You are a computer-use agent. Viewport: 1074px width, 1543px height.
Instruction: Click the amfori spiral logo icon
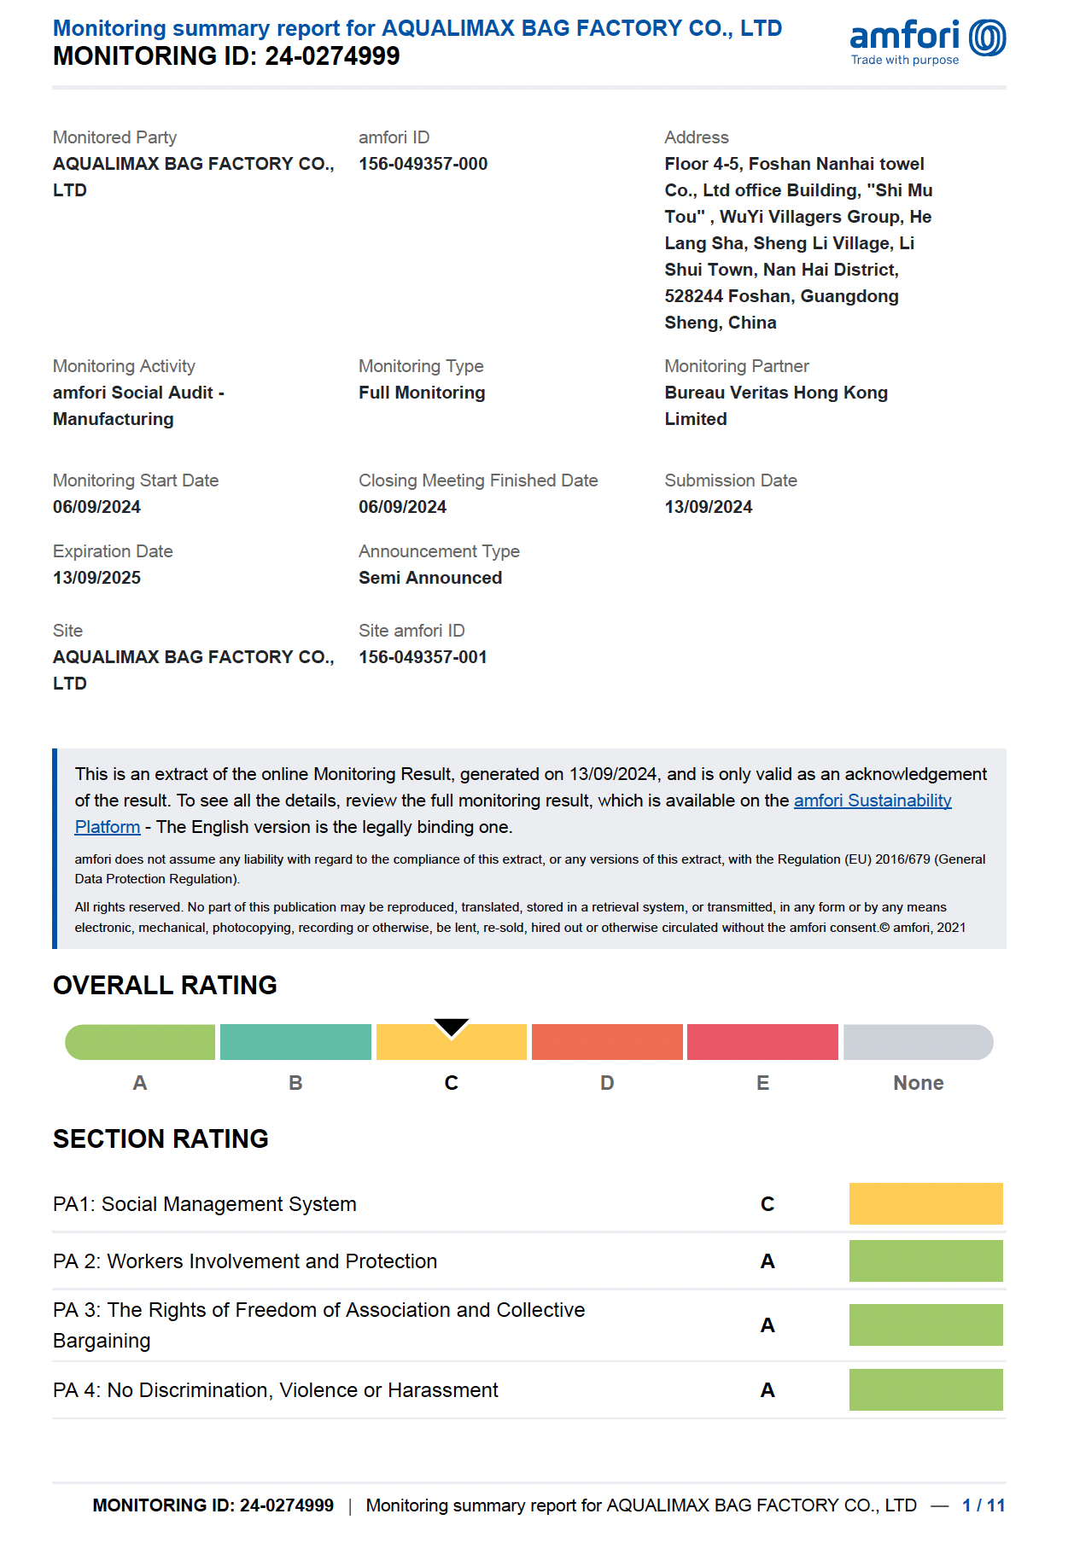click(988, 38)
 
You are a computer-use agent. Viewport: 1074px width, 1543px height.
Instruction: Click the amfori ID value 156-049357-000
click(423, 164)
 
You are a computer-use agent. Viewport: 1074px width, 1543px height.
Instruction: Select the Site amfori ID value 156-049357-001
click(423, 657)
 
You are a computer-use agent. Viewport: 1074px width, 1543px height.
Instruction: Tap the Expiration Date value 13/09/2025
click(96, 578)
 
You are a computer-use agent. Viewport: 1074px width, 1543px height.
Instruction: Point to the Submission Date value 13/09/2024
click(709, 507)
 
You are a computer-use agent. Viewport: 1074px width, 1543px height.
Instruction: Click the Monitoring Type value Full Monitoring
click(422, 393)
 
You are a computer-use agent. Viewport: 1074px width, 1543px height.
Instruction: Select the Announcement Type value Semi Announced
click(430, 578)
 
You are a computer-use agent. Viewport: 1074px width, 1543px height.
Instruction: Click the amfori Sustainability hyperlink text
click(872, 801)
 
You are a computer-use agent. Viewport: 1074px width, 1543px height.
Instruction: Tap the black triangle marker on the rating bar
click(451, 1027)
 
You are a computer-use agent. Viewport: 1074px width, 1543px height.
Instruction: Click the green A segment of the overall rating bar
click(141, 1043)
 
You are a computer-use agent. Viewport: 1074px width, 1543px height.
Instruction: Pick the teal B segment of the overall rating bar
click(295, 1043)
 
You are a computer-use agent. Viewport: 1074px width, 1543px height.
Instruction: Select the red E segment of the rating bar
click(762, 1043)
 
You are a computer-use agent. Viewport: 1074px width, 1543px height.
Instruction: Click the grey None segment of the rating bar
click(918, 1043)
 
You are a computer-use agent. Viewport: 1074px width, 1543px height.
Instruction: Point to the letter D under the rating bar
click(607, 1083)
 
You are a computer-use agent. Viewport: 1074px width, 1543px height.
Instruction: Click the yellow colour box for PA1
click(925, 1204)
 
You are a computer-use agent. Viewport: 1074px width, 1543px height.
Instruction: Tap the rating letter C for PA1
click(768, 1204)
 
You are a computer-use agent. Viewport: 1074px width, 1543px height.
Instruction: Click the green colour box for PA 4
click(925, 1390)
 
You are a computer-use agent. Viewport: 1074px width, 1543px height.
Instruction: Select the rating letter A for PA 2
click(768, 1261)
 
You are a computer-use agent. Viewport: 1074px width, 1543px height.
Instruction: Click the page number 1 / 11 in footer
click(983, 1505)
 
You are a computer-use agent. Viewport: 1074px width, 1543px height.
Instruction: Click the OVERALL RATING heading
click(165, 986)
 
